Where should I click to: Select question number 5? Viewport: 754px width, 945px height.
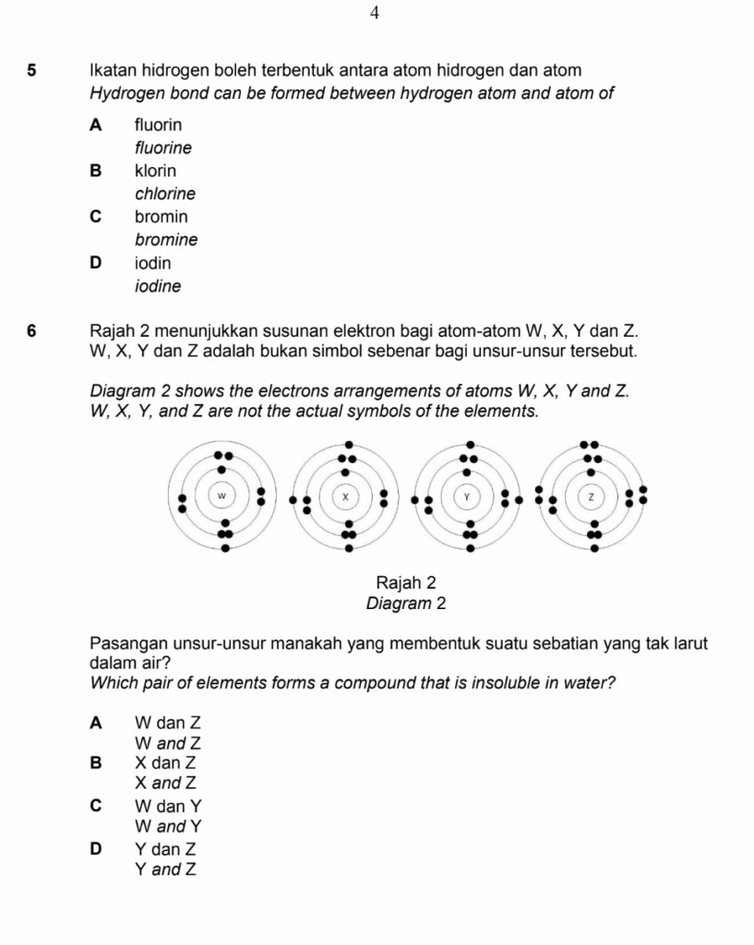coord(32,70)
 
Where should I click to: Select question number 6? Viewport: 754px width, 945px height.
coord(32,329)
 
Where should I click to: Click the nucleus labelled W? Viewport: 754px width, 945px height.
coord(221,496)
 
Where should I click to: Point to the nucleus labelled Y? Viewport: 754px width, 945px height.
coord(468,496)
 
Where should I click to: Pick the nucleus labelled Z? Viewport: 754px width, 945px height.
coord(591,496)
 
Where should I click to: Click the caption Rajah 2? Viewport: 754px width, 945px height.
coord(406,583)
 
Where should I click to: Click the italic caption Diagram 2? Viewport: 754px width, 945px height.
coord(406,604)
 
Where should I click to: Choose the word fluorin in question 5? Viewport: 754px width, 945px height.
coord(158,124)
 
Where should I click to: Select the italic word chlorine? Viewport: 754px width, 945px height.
coord(165,194)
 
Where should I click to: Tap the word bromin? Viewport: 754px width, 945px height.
coord(161,217)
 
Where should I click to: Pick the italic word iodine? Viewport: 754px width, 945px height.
coord(158,286)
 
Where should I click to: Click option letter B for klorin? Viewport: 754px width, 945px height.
coord(95,171)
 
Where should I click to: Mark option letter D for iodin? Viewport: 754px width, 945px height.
coord(95,263)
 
